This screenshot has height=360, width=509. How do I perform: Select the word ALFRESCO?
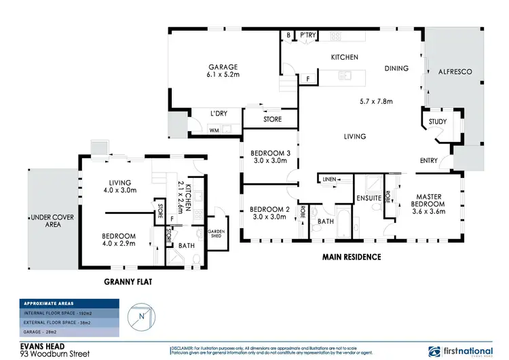pos(454,71)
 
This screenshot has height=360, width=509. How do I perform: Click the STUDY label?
pos(438,122)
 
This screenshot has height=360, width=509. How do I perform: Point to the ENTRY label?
pos(429,161)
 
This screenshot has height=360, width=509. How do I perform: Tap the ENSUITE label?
pos(366,198)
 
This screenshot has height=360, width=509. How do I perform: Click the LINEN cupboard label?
pos(329,179)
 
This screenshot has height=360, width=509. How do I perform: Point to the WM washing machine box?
pos(214,130)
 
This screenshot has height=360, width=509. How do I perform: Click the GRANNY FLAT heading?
pos(131,281)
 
